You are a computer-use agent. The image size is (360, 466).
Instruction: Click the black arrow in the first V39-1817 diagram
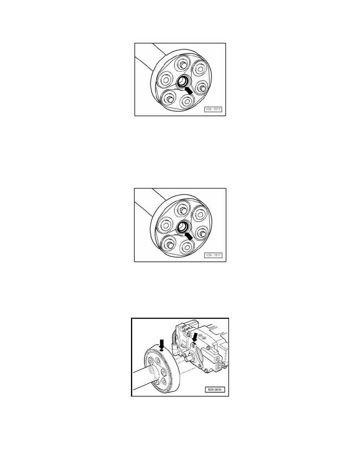(188, 90)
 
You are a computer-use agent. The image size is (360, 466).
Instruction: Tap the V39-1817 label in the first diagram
(213, 109)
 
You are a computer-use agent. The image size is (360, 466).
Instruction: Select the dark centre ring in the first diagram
(182, 82)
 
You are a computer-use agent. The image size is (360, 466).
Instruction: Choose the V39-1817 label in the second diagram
(213, 255)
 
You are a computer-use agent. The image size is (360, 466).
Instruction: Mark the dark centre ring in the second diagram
(182, 227)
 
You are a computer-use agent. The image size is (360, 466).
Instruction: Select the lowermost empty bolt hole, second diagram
(187, 247)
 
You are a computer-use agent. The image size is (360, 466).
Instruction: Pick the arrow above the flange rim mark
(162, 344)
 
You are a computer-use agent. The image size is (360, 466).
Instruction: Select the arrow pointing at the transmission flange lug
(195, 338)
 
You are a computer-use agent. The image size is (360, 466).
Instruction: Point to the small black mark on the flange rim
(162, 351)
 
